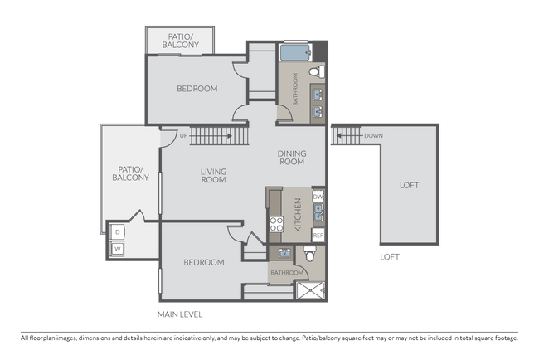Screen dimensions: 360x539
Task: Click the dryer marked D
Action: click(x=118, y=232)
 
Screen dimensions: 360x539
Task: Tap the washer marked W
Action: click(x=118, y=248)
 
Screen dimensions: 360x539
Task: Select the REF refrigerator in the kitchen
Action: click(x=318, y=236)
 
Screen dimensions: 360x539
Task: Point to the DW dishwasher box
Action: click(x=318, y=197)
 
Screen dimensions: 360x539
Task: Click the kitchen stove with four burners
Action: click(x=275, y=224)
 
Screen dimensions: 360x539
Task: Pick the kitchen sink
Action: click(x=318, y=214)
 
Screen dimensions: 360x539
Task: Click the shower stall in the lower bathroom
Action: click(x=310, y=289)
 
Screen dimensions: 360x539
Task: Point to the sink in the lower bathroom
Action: click(x=284, y=253)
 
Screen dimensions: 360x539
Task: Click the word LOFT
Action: click(x=409, y=185)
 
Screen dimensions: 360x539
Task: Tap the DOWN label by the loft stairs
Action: click(x=373, y=135)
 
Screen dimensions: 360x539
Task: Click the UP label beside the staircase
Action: click(x=184, y=135)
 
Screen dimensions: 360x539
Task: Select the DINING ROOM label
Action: click(x=291, y=157)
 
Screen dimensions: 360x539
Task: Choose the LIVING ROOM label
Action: click(x=213, y=175)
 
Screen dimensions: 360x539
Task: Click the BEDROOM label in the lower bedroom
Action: click(x=203, y=262)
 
